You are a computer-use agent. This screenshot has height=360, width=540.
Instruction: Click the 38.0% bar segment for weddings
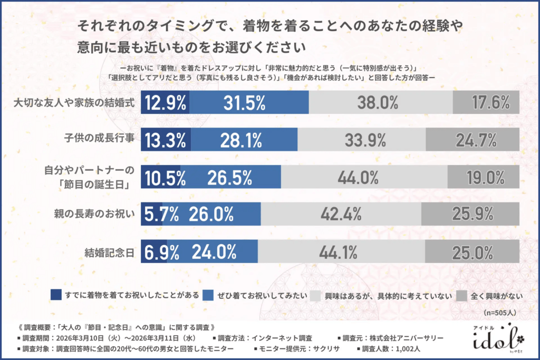pos(380,102)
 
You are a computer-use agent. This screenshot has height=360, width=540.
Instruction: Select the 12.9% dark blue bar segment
pos(165,102)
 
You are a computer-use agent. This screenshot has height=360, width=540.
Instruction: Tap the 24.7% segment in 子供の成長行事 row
pos(472,140)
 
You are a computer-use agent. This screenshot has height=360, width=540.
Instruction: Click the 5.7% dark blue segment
pos(152,213)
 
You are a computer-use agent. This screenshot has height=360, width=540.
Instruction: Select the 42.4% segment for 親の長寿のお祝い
pos(341,213)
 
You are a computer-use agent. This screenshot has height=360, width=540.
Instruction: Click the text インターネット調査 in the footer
pos(285,337)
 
